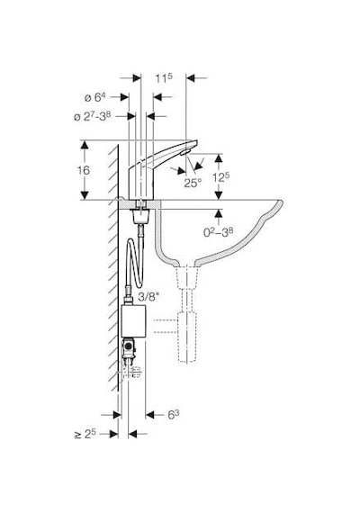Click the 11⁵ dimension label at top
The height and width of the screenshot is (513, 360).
click(164, 78)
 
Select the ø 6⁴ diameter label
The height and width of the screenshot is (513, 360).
click(94, 97)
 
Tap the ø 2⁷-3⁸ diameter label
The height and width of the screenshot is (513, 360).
click(93, 116)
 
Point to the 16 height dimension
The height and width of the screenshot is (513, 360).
click(84, 170)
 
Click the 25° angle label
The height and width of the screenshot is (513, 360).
click(193, 183)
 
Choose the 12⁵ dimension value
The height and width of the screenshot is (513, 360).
click(220, 177)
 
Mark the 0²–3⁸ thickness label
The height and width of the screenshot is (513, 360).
click(219, 232)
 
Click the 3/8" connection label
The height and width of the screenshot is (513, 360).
click(150, 297)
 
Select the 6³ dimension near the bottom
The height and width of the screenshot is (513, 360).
click(174, 415)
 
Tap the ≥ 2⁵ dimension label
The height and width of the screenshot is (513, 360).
click(85, 434)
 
